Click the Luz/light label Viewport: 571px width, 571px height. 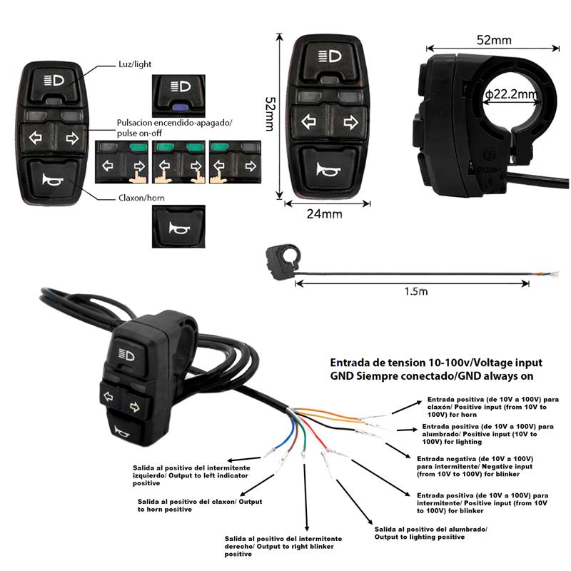point(135,64)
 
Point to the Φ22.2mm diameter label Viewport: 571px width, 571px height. point(510,94)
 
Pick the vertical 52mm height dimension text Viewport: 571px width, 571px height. point(269,113)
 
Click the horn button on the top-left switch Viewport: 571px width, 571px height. point(54,178)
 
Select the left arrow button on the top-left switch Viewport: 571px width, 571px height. point(36,137)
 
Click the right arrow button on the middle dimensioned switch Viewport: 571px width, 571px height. point(350,122)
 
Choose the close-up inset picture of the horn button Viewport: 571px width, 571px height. point(174,227)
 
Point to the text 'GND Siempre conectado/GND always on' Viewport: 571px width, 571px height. point(432,375)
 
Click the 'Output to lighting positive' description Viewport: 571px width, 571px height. point(430,532)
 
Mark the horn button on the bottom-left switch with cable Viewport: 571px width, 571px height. point(122,430)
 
